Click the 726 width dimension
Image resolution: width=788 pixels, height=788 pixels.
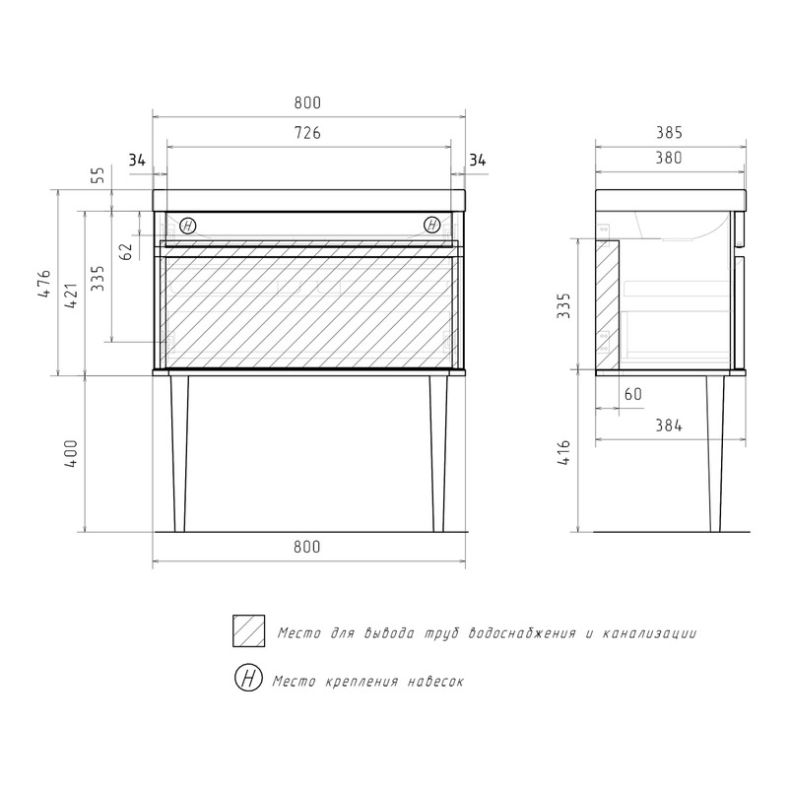307,133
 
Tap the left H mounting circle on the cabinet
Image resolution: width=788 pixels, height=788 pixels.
188,226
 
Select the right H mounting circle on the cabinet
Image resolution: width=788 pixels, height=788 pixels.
432,225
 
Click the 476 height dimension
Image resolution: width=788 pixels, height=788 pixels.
44,284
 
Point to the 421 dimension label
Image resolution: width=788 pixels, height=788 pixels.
71,295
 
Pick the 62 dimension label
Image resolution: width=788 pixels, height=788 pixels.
127,251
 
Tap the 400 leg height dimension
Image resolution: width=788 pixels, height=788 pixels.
71,454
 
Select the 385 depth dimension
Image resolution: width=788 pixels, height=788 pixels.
669,133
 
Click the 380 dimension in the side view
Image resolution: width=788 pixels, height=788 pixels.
669,158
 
